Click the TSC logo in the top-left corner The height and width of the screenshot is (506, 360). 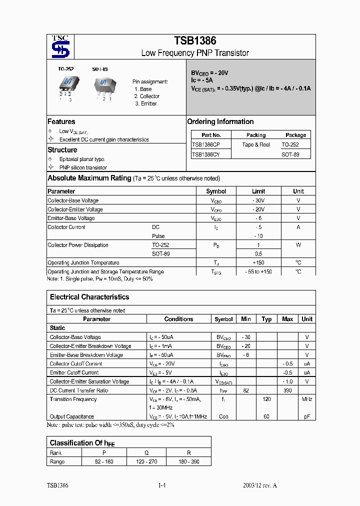(x=60, y=47)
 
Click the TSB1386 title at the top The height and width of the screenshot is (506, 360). (x=195, y=41)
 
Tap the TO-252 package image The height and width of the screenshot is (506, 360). (x=66, y=85)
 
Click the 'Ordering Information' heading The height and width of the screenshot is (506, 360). (x=220, y=121)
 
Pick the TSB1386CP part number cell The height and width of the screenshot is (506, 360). (x=206, y=144)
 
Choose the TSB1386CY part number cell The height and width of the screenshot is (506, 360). (x=206, y=154)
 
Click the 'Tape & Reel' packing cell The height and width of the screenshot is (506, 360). (x=256, y=144)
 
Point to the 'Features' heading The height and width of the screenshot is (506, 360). (x=61, y=121)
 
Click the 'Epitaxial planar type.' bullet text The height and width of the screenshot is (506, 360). (x=82, y=159)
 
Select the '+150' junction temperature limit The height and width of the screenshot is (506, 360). (x=258, y=262)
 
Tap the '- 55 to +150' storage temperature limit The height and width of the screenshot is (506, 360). (x=258, y=271)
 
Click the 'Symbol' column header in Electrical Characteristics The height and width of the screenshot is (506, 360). (x=223, y=319)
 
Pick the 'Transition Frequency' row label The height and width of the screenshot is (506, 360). (x=73, y=399)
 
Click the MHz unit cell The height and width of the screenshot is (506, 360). (x=307, y=399)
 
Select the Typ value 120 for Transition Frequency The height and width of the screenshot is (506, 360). (x=266, y=399)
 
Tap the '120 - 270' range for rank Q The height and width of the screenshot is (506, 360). (x=146, y=461)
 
